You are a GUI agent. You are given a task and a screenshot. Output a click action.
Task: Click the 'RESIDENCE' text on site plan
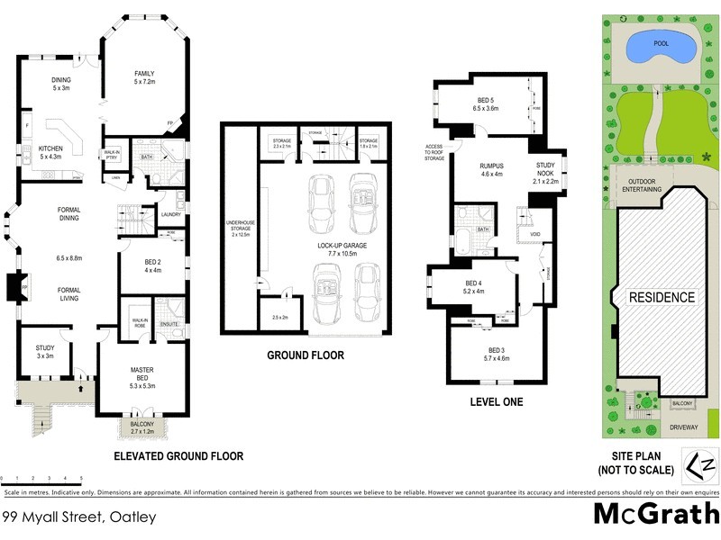pos(662,298)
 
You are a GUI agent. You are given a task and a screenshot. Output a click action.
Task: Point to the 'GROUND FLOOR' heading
pos(305,355)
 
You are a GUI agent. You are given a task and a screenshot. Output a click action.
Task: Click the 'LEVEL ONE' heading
pos(497,401)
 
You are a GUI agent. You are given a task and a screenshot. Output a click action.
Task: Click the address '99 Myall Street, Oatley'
pos(79,517)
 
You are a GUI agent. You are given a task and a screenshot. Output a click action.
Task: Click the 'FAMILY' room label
pos(145,76)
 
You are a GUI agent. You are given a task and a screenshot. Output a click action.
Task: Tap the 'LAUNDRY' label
pos(171,214)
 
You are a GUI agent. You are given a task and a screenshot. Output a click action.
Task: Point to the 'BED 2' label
pos(152,265)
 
